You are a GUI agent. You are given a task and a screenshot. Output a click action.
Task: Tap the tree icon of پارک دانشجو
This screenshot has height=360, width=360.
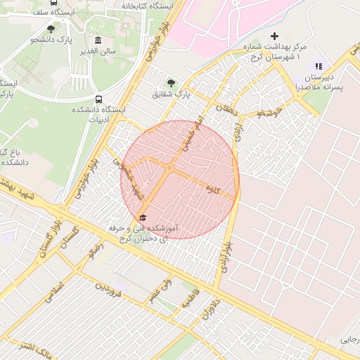click(51, 29)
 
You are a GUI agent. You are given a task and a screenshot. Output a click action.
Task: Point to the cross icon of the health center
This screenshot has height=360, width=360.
click(274, 36)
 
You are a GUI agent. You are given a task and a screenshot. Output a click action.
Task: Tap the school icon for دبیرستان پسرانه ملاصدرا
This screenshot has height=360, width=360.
click(319, 66)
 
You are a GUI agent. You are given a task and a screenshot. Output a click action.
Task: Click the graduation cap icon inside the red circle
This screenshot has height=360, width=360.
click(143, 217)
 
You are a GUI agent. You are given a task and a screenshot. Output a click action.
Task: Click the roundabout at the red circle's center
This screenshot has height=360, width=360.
click(170, 168)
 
